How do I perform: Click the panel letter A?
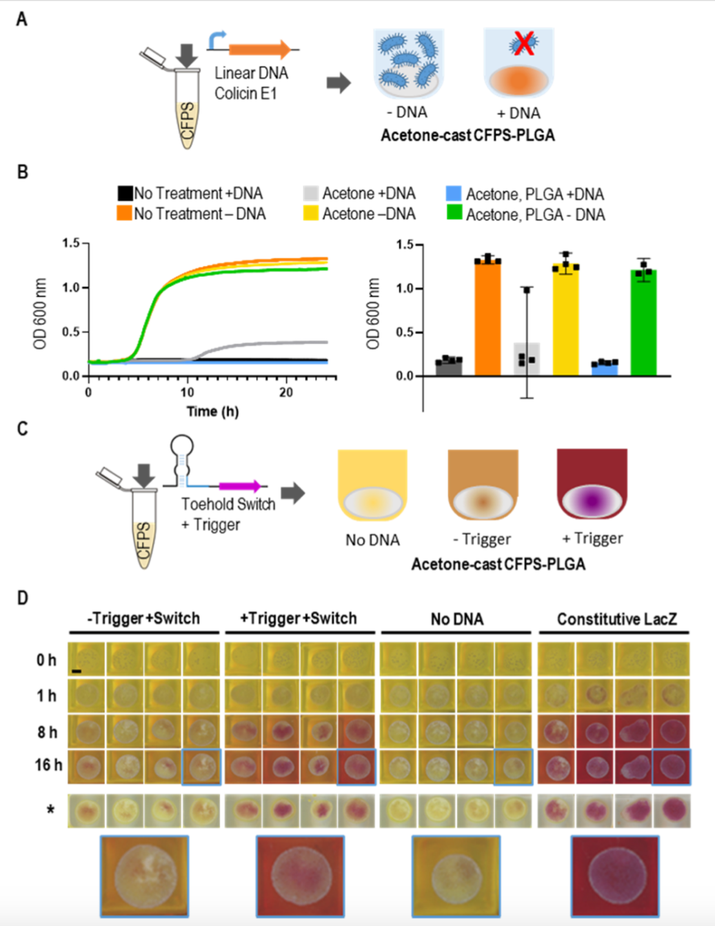[22, 19]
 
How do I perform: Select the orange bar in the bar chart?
[488, 318]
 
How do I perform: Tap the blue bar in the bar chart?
[604, 368]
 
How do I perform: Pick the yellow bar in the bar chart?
[566, 321]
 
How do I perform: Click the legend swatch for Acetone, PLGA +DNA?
[453, 194]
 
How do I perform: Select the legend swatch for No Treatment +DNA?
[124, 193]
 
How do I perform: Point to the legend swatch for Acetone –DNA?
[310, 214]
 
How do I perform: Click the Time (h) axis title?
[212, 412]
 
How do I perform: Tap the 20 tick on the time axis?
[285, 392]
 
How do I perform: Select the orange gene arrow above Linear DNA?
[259, 49]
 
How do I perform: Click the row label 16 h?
[48, 765]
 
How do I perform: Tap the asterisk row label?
[50, 809]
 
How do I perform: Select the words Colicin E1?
[245, 93]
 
